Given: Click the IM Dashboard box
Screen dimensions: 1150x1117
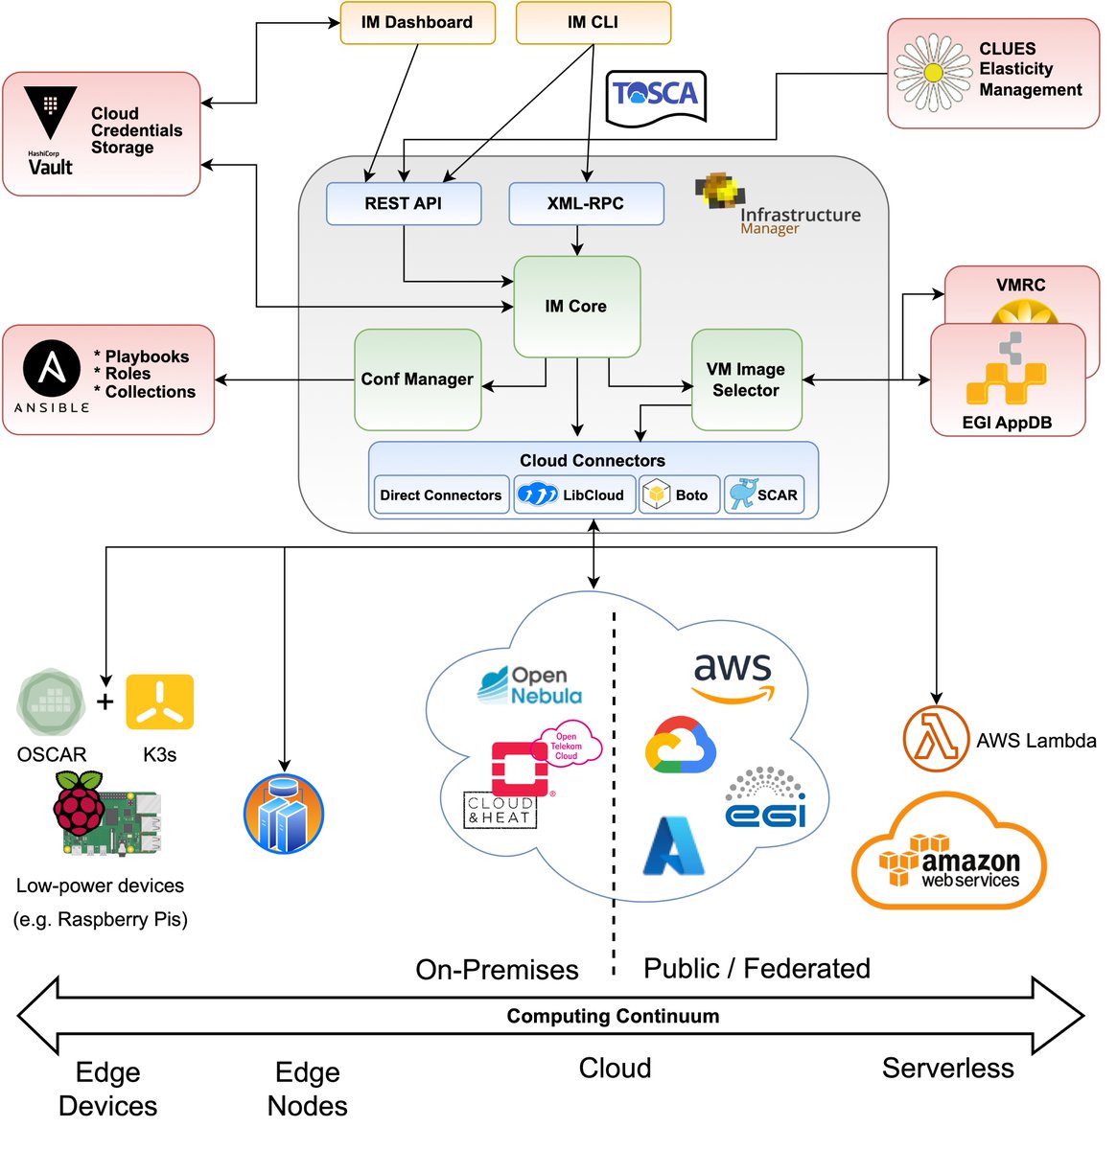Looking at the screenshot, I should point(417,23).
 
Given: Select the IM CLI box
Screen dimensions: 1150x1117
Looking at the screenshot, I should point(593,23).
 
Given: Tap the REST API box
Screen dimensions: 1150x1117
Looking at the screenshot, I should point(404,203).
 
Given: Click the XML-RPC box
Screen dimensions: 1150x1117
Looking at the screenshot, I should point(586,203).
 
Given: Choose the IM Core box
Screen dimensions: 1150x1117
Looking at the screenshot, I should point(576,307).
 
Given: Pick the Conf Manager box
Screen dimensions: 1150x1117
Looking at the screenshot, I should point(417,379).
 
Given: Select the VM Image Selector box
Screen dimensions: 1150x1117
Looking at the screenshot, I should point(746,379).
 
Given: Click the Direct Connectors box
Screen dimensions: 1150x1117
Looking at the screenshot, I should point(441,495).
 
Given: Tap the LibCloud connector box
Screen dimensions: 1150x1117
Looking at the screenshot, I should point(573,495).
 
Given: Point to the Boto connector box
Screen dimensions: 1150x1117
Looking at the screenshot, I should point(679,495).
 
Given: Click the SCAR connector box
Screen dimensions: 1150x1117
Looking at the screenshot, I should point(764,495).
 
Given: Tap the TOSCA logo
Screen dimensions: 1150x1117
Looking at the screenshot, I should point(656,96).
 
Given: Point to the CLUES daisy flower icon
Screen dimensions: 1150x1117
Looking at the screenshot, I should point(932,73).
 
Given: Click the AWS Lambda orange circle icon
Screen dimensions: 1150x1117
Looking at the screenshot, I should point(936,740).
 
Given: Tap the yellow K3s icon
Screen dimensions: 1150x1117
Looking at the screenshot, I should point(160,702).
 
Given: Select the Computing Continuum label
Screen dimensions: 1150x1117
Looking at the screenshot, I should point(613,1016).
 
